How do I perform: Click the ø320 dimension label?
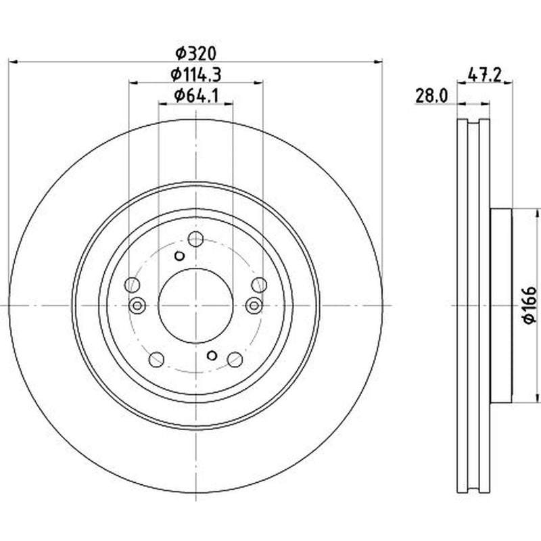(195, 53)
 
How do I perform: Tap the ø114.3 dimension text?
(195, 74)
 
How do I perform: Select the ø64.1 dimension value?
(196, 95)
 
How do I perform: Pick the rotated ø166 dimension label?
(530, 305)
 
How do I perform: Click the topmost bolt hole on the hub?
(195, 239)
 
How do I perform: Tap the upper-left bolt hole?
(132, 285)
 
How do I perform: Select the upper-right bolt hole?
(259, 285)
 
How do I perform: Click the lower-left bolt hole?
(156, 360)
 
